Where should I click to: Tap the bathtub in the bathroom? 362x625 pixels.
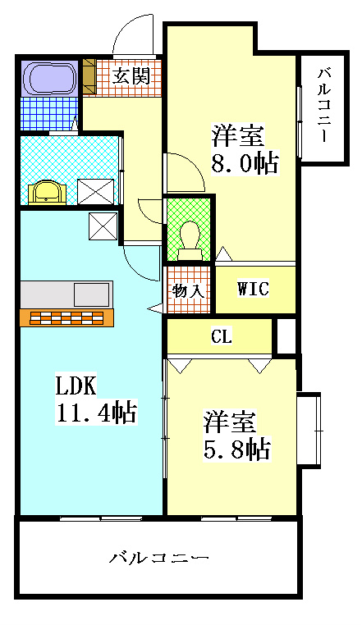pyautogui.click(x=50, y=77)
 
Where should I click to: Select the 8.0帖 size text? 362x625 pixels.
pyautogui.click(x=244, y=162)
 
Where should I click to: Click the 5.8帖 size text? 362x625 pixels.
pyautogui.click(x=237, y=449)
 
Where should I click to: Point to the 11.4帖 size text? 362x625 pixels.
pyautogui.click(x=96, y=412)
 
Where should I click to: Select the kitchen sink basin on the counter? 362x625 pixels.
pyautogui.click(x=91, y=294)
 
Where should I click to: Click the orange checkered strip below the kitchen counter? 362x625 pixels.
pyautogui.click(x=67, y=317)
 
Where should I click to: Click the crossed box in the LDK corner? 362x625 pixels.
pyautogui.click(x=103, y=226)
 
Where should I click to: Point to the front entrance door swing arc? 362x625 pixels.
pyautogui.click(x=133, y=34)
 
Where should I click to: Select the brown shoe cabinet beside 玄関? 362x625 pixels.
pyautogui.click(x=89, y=75)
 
